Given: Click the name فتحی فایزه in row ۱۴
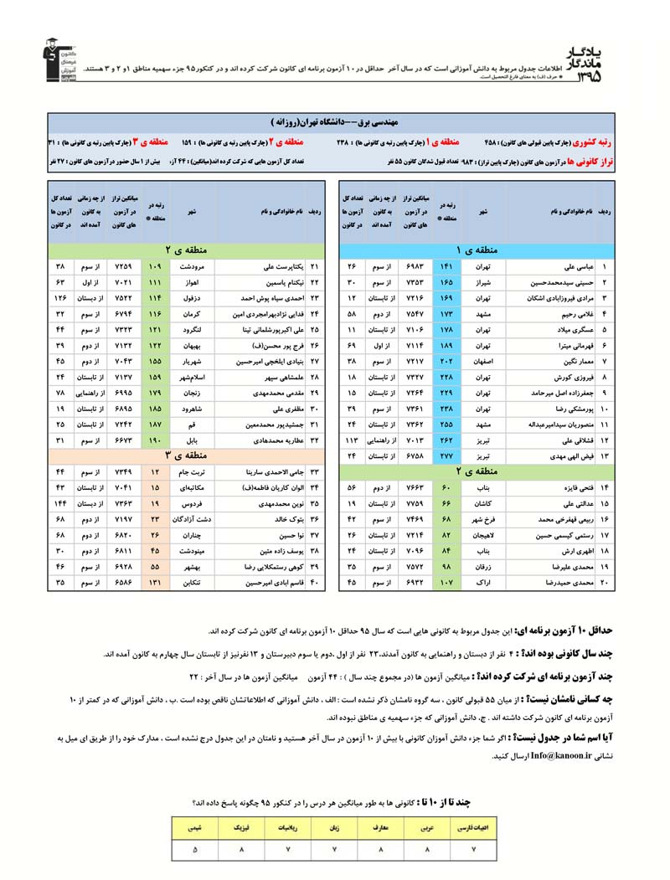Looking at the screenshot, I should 578,487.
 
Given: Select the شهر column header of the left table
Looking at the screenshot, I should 193,212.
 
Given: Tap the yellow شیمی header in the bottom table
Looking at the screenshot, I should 195,829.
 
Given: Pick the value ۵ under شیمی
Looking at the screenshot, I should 195,851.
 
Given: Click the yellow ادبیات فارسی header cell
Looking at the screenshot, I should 474,829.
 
